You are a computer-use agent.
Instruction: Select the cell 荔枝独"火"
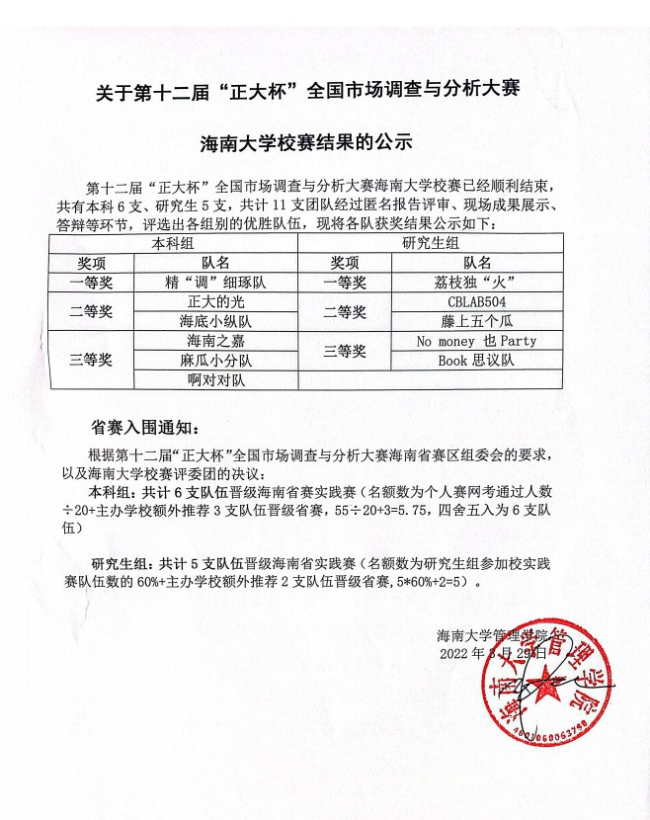477,283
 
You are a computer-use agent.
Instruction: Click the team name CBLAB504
477,302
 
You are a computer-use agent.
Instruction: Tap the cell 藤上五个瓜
477,321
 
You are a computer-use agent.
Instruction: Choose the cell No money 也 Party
477,341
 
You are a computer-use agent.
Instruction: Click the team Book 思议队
477,360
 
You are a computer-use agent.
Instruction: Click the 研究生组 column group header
431,244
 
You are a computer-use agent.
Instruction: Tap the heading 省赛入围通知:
144,428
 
